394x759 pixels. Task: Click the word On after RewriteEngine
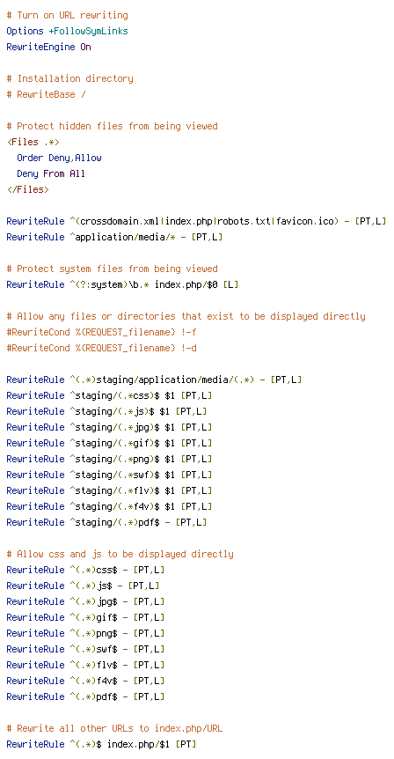[x=85, y=47]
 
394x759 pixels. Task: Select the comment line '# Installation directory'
[x=70, y=79]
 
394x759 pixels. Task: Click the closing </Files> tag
[x=28, y=190]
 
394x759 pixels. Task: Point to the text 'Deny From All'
[x=51, y=173]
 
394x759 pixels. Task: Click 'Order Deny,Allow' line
[x=60, y=158]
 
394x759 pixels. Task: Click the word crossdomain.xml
[x=120, y=222]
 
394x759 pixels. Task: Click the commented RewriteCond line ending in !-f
[x=101, y=332]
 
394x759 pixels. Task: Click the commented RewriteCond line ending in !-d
[x=101, y=348]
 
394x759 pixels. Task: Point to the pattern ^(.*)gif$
[x=96, y=617]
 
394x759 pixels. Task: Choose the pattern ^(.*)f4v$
[x=96, y=681]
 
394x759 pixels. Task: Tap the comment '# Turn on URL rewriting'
[x=67, y=16]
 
